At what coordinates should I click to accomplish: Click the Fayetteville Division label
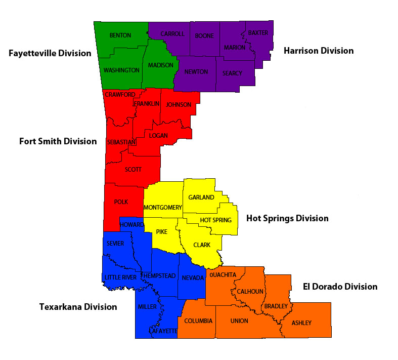(50, 53)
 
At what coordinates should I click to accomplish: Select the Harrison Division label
(318, 51)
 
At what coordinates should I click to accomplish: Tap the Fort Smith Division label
(58, 141)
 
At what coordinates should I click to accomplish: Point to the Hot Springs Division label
(287, 218)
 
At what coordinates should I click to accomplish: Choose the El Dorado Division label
(340, 287)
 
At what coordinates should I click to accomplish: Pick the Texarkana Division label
(78, 307)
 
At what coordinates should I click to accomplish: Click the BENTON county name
(120, 35)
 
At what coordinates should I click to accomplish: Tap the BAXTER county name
(258, 33)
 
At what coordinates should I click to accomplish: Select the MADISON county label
(160, 65)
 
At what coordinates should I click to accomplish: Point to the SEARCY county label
(232, 73)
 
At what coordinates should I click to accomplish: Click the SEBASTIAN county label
(121, 142)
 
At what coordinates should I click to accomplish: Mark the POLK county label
(121, 202)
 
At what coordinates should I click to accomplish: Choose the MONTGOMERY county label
(162, 208)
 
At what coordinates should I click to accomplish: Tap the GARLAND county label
(201, 197)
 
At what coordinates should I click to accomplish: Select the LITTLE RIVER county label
(120, 277)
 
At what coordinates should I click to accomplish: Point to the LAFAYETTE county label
(163, 331)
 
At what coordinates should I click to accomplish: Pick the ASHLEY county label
(301, 323)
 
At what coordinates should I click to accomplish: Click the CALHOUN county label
(250, 291)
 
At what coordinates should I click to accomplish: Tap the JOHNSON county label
(179, 105)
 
